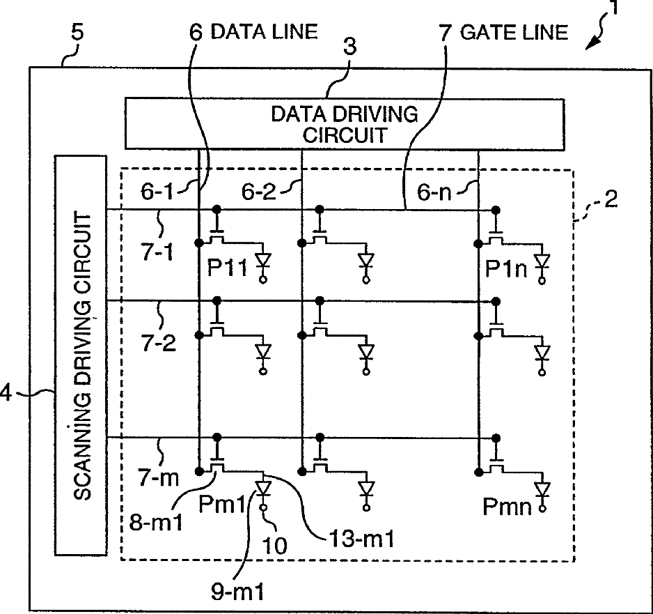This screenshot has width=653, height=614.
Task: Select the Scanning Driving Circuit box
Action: (x=81, y=355)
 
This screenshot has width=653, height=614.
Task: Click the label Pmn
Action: (x=506, y=506)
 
